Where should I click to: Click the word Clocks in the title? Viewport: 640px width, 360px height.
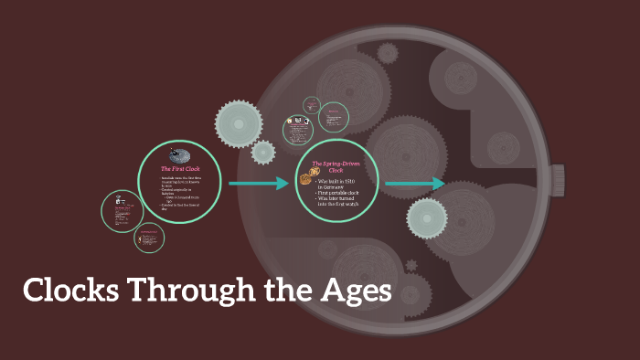(70, 291)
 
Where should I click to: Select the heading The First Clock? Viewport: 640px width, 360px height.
(180, 170)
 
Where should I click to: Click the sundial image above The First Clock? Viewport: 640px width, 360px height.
(180, 155)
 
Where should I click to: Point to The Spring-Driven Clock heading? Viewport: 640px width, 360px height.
(336, 166)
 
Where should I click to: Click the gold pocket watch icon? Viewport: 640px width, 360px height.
(305, 180)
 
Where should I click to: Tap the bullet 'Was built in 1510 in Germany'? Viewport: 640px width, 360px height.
(339, 183)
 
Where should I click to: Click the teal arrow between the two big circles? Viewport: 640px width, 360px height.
(259, 184)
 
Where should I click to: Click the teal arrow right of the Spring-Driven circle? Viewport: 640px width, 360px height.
(414, 184)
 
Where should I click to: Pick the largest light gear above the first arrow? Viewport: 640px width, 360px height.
(239, 122)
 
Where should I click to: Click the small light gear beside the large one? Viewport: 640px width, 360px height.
(263, 152)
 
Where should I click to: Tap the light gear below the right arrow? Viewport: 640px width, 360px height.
(427, 218)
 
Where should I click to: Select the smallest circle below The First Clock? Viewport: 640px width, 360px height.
(149, 238)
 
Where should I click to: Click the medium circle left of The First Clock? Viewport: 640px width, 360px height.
(122, 211)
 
